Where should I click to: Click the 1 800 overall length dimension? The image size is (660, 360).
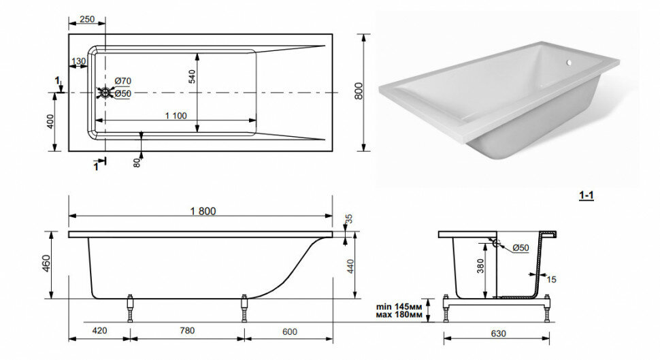point(201,211)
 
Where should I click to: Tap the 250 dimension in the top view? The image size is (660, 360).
point(87,19)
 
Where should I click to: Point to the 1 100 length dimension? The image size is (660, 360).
point(175,116)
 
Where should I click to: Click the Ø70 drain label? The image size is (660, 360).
point(122,82)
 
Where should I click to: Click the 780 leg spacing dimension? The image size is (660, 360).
point(187,331)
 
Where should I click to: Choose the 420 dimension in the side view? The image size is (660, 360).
point(99,331)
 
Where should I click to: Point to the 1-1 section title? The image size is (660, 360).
point(585,195)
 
